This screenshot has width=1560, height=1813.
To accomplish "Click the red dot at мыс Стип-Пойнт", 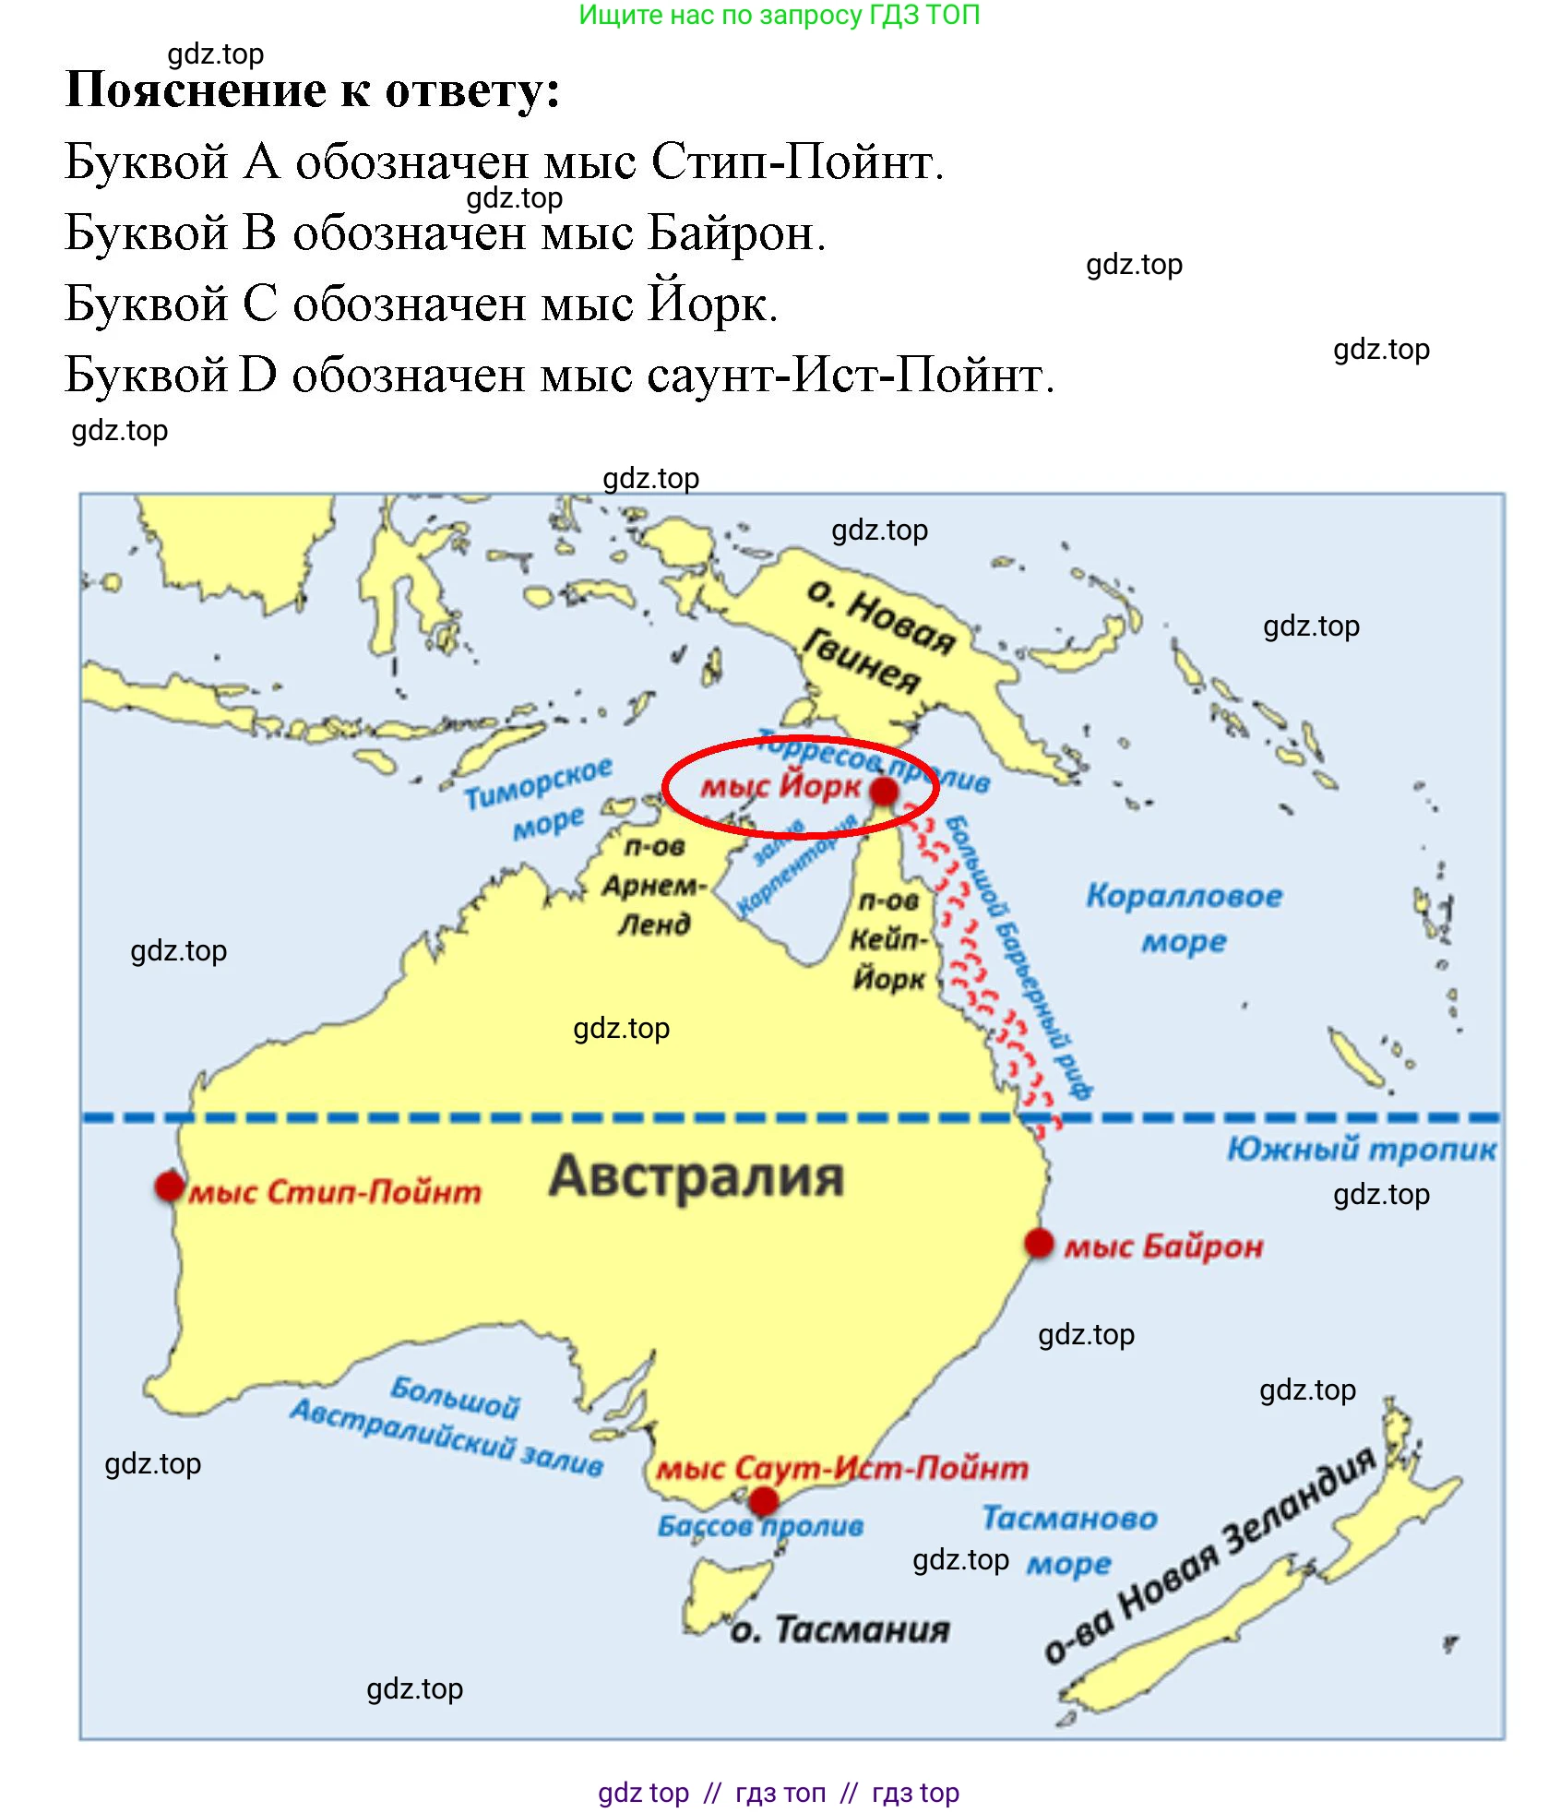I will (170, 1186).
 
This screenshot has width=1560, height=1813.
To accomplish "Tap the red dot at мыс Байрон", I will (1039, 1243).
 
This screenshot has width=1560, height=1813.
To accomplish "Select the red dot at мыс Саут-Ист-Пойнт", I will (763, 1501).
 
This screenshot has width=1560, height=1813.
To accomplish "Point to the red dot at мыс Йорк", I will (883, 791).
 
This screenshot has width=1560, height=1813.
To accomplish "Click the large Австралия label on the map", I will (697, 1176).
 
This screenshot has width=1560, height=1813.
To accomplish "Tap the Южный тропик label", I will (1361, 1149).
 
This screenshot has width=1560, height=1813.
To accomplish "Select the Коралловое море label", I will (1184, 918).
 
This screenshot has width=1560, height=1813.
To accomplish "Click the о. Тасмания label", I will (840, 1629).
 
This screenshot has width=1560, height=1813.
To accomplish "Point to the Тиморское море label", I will (539, 798).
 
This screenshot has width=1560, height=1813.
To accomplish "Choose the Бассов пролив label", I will (760, 1526).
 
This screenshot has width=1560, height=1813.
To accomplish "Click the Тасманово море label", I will (1069, 1540).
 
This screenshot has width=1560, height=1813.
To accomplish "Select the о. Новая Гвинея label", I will (872, 637).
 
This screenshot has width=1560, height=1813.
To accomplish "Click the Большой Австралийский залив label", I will (448, 1426).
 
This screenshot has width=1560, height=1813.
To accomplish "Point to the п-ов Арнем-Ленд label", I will (654, 885).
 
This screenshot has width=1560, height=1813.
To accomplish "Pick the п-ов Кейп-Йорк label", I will (888, 939).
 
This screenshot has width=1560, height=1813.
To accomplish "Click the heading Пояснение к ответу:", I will (313, 90).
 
